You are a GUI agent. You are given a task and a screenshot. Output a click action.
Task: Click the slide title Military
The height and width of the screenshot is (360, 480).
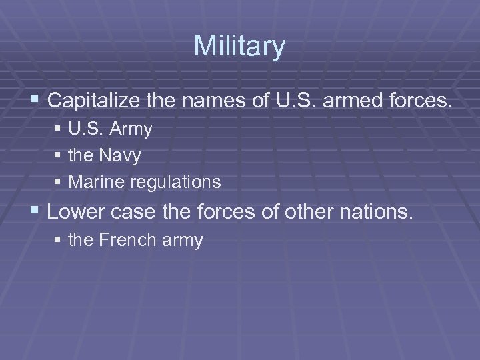pos(239,47)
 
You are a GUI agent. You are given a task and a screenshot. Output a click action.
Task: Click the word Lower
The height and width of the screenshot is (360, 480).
pos(77,213)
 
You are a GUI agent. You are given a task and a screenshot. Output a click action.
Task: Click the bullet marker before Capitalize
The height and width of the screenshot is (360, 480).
pos(35,101)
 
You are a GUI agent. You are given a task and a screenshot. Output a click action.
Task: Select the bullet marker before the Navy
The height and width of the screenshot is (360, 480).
pos(59,155)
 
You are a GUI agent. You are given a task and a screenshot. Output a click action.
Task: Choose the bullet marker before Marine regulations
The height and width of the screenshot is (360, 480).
pos(59,181)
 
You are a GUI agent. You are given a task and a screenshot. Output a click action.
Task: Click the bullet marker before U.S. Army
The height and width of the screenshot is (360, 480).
pos(59,129)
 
